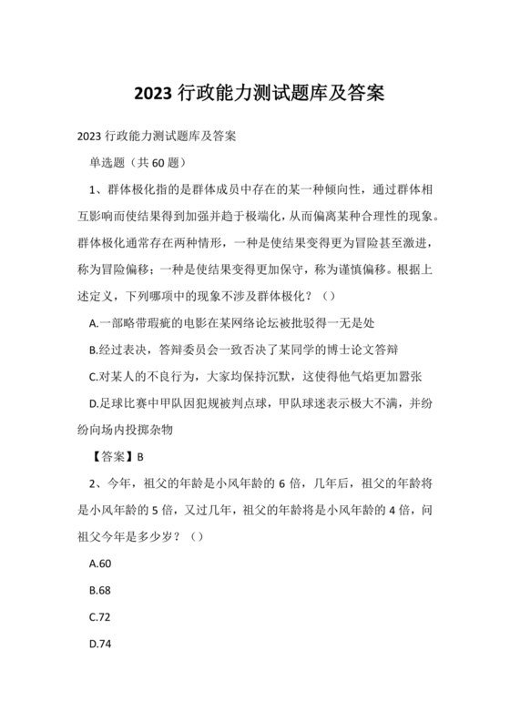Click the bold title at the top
254,93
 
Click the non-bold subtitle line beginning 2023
158,137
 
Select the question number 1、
97,189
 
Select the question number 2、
97,482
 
